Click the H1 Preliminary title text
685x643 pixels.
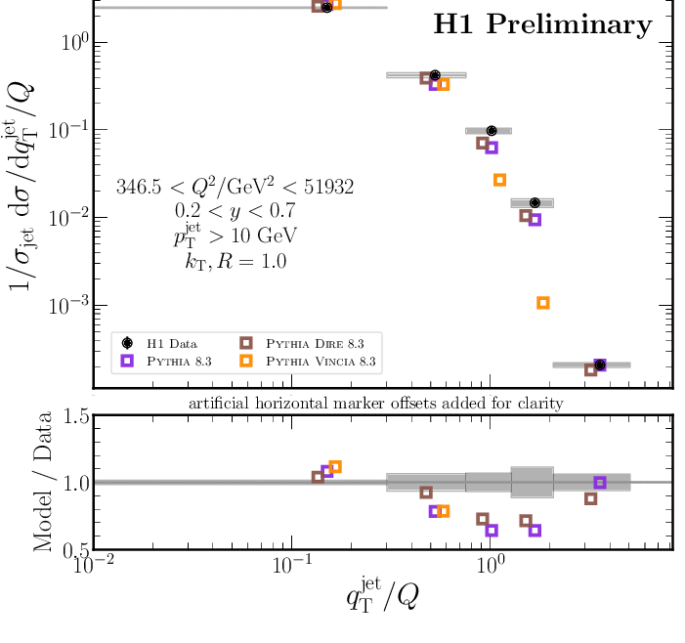(x=542, y=25)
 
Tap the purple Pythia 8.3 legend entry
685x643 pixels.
(x=176, y=362)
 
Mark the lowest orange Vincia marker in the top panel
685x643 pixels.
(x=543, y=303)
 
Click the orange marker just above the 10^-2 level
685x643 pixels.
(x=499, y=180)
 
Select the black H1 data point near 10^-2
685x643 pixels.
(x=535, y=202)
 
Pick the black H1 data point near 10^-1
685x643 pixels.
(x=492, y=130)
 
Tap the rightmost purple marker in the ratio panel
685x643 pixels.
(x=600, y=483)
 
